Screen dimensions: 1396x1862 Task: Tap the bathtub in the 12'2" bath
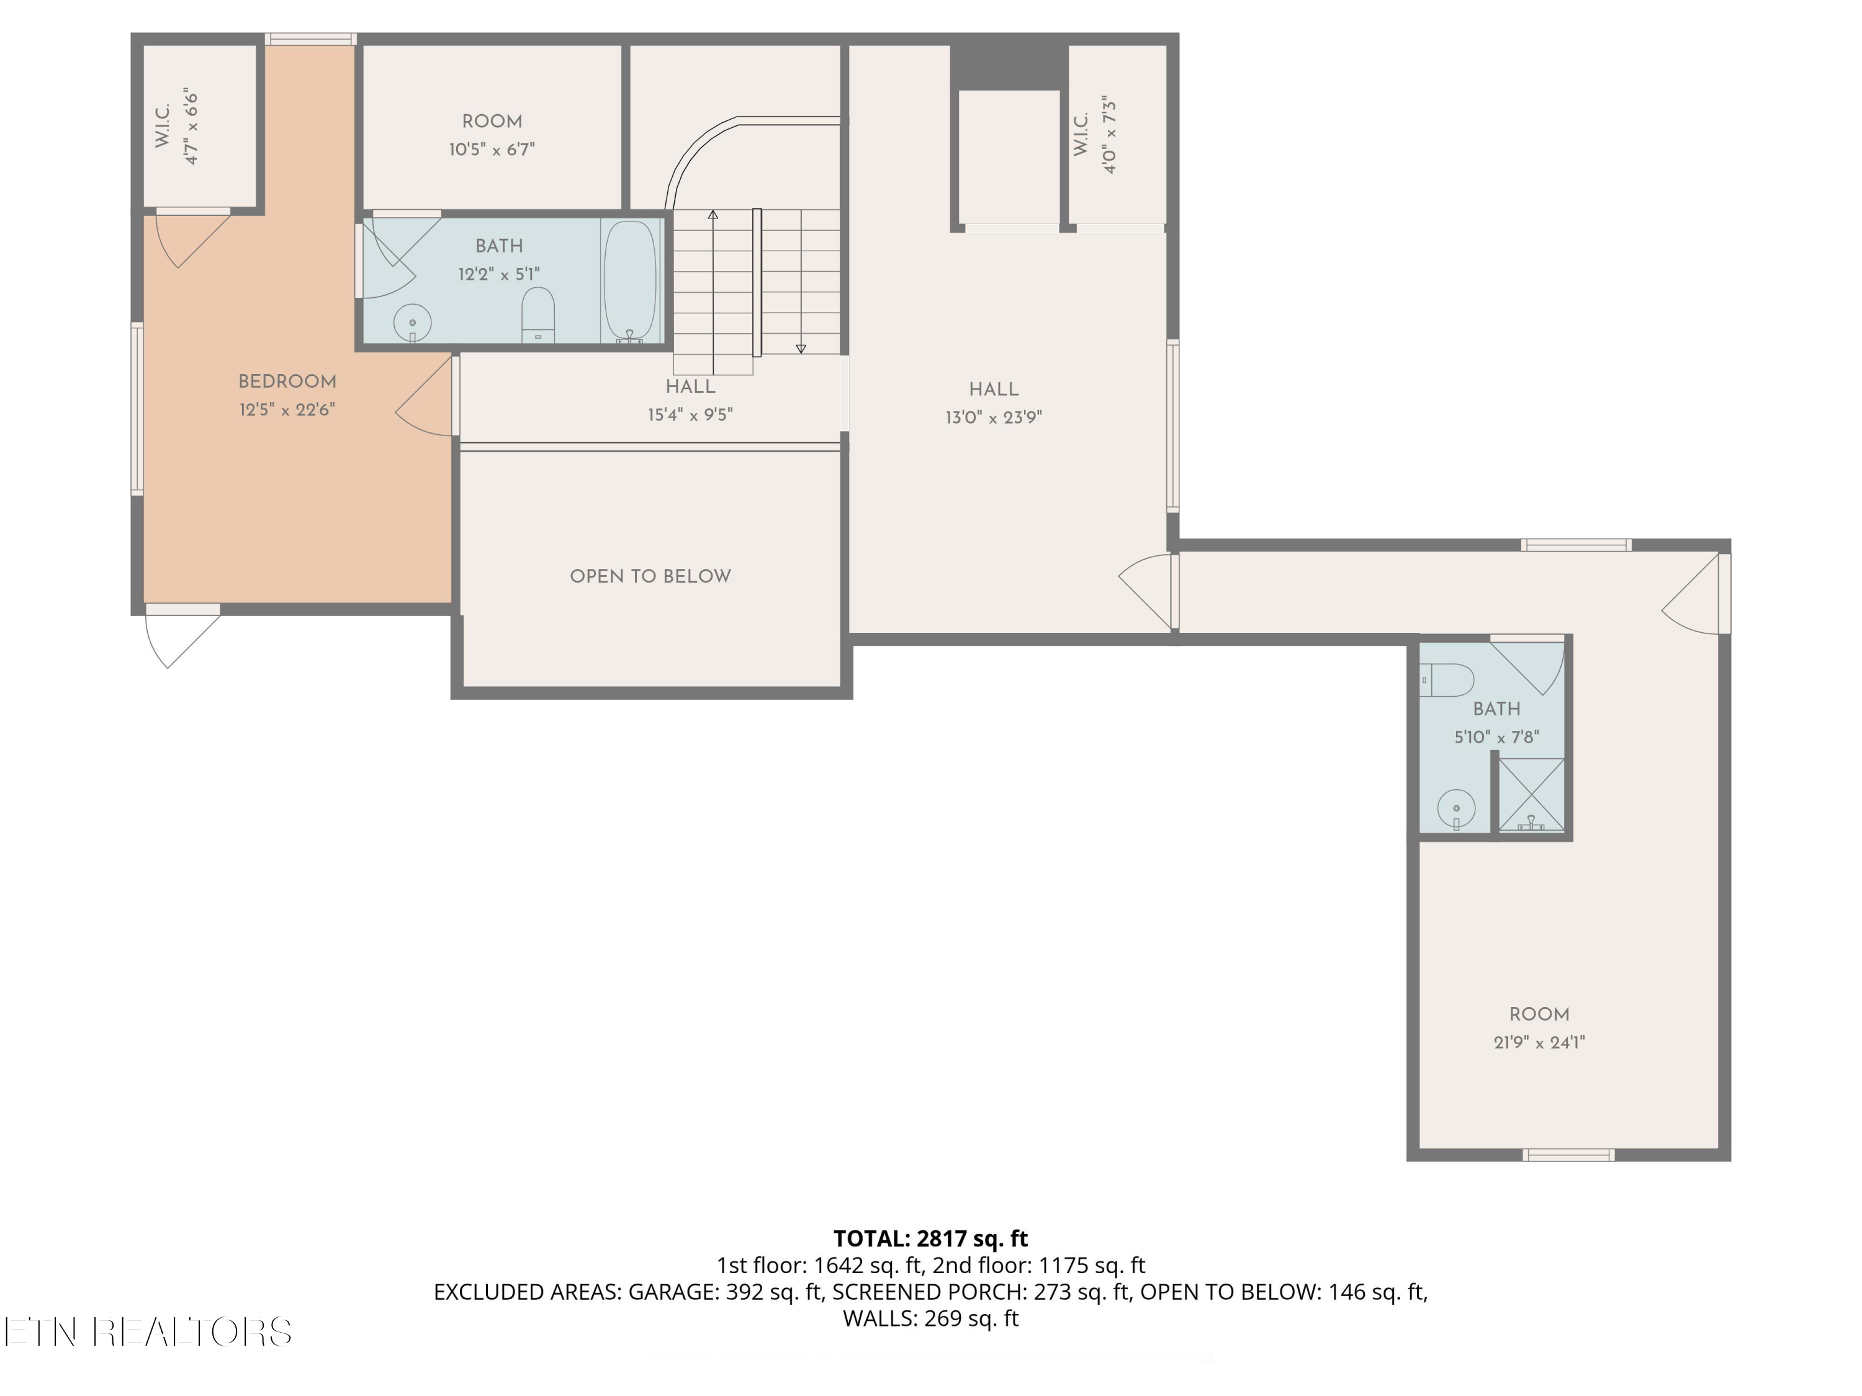point(629,281)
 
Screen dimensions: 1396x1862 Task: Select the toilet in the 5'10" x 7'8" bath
point(1449,680)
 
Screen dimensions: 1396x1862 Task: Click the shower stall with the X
point(1531,794)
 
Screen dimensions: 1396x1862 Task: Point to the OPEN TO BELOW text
point(650,576)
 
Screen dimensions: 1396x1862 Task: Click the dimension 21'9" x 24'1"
point(1539,1042)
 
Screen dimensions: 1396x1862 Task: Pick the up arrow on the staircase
point(713,215)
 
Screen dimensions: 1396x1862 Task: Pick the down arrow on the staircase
point(801,347)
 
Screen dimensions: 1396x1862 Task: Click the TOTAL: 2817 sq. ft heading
point(930,1238)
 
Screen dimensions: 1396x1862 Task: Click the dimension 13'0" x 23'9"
point(993,418)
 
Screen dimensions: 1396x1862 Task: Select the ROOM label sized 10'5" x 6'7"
point(492,121)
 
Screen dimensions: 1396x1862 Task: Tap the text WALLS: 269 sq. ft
point(930,1318)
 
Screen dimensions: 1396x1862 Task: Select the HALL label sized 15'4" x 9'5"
point(690,387)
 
